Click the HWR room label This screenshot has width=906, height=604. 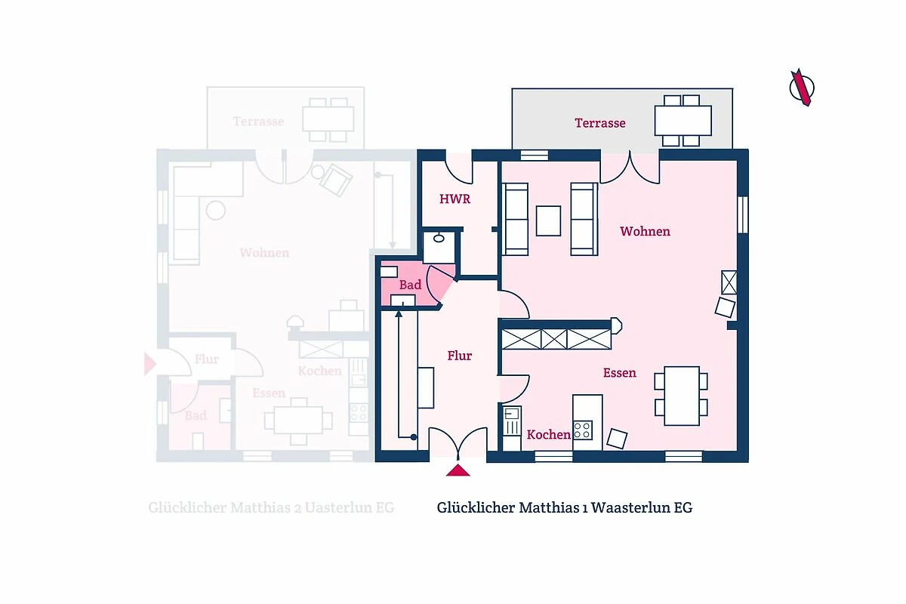click(x=455, y=199)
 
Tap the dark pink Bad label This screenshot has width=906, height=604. click(x=410, y=285)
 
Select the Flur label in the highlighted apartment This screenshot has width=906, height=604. click(x=460, y=356)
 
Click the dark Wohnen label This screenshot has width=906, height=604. click(x=645, y=231)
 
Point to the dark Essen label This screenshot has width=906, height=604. click(x=620, y=373)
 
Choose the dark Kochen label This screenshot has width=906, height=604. click(x=548, y=434)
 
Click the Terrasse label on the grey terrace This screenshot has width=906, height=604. click(x=600, y=123)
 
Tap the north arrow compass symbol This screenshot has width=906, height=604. click(x=802, y=88)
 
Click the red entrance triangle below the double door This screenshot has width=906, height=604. click(x=458, y=470)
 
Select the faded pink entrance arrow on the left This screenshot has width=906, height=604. click(x=149, y=364)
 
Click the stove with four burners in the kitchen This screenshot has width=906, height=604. click(x=583, y=430)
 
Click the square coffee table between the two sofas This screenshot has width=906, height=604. click(x=548, y=221)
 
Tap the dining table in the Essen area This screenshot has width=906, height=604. click(x=682, y=396)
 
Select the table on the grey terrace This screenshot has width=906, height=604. click(x=683, y=121)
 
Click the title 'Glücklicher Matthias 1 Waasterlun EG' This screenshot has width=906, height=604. click(x=565, y=507)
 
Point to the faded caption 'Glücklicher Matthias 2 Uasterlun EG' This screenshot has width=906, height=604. click(x=271, y=507)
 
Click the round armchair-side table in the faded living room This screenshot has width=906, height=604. click(x=216, y=211)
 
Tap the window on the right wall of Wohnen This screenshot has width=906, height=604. click(x=743, y=215)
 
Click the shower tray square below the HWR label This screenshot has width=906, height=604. click(x=439, y=248)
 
